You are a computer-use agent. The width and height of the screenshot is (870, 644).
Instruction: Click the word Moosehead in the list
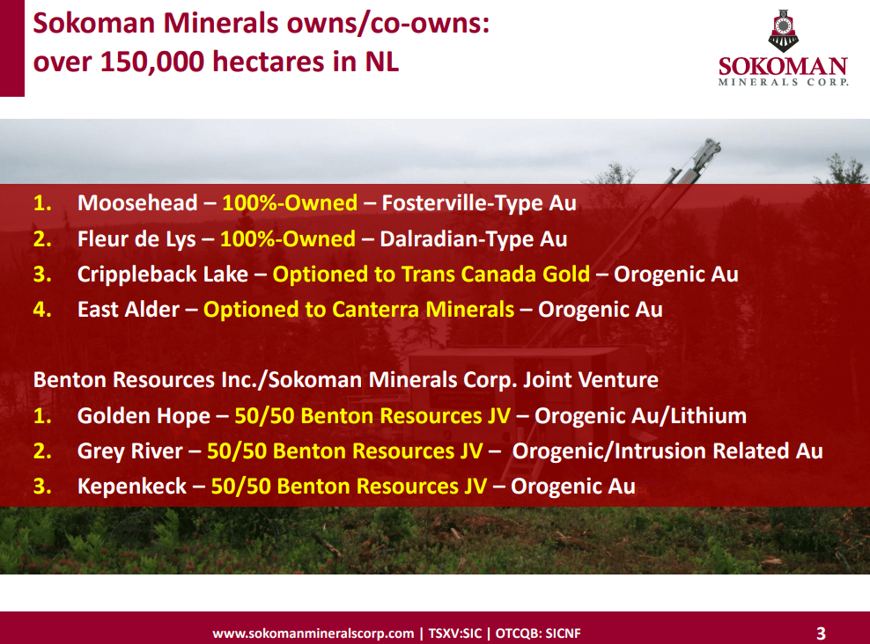(137, 203)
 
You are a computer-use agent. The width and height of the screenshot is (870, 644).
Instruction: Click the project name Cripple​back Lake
(163, 274)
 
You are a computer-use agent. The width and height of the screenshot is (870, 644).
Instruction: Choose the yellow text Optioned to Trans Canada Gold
(431, 274)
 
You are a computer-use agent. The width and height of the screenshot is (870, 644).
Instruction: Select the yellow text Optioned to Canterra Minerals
(358, 310)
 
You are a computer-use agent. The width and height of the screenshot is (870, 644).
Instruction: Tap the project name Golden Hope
(144, 416)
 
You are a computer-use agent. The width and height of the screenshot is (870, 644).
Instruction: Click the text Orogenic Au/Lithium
(640, 416)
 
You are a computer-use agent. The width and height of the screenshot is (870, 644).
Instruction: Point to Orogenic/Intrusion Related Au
(667, 451)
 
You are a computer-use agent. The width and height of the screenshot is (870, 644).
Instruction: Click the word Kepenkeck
(132, 487)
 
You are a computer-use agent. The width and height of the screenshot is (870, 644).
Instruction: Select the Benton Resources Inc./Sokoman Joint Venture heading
(345, 380)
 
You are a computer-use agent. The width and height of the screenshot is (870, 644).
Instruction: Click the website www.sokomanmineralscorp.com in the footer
(313, 633)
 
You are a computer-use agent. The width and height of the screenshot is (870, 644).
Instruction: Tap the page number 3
(821, 633)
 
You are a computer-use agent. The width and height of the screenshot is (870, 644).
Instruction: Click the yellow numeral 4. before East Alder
(43, 310)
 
